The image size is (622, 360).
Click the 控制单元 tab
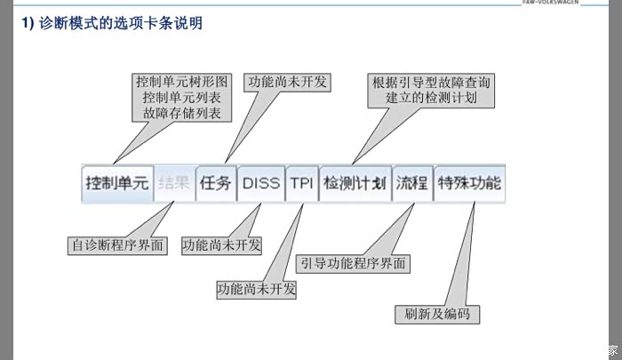(x=117, y=184)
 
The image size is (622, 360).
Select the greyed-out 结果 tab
(x=173, y=184)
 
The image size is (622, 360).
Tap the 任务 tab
(x=215, y=184)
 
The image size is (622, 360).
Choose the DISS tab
(x=260, y=184)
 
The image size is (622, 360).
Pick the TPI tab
(x=301, y=184)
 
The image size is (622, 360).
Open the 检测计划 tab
(x=354, y=184)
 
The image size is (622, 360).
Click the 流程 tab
(x=411, y=184)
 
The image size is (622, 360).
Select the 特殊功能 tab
(x=468, y=184)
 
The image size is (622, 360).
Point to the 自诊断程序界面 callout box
(x=118, y=244)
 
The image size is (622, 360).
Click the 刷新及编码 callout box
(x=437, y=315)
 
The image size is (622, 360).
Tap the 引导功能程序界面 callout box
(x=354, y=263)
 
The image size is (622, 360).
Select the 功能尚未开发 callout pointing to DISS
(x=221, y=244)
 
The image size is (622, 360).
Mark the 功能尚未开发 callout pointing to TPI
(x=257, y=289)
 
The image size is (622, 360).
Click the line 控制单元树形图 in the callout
(x=183, y=80)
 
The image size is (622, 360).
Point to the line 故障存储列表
(x=183, y=114)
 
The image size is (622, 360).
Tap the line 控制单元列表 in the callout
(x=183, y=97)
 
